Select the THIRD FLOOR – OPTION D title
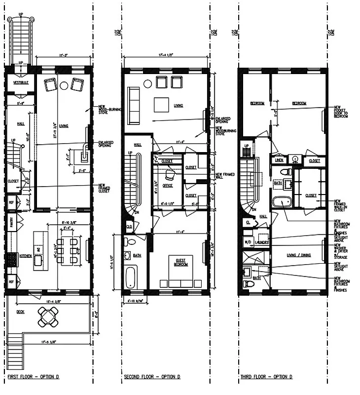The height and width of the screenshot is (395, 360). [266, 377]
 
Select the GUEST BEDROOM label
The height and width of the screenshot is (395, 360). [181, 262]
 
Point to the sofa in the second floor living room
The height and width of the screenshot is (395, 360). [133, 106]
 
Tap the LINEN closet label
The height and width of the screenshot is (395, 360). [279, 160]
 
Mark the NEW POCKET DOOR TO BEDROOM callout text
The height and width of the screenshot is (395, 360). [341, 113]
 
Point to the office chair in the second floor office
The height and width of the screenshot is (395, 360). [170, 174]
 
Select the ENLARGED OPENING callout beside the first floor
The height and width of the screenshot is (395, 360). [106, 144]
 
